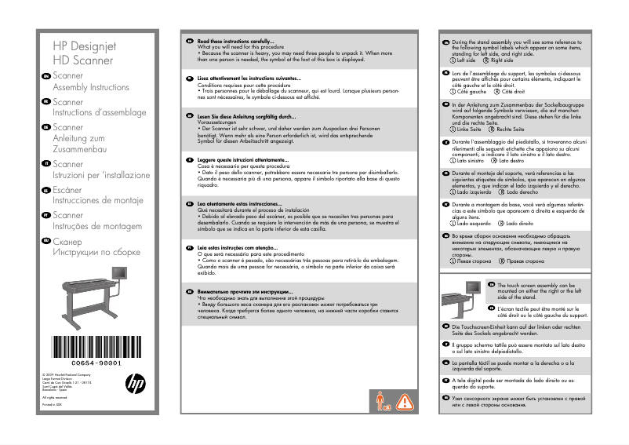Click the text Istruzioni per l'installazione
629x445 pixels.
(100, 175)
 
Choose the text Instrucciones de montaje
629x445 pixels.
(98, 201)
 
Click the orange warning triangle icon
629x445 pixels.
(403, 402)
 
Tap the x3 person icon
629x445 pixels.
(382, 402)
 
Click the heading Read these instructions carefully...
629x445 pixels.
(235, 40)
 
